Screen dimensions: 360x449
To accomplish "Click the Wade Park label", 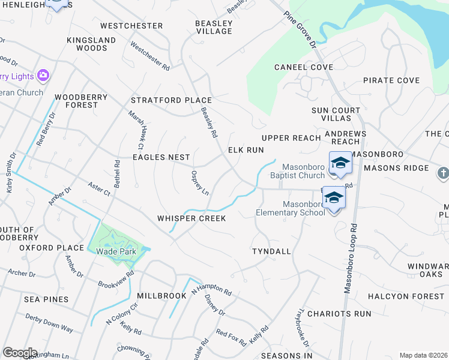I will [x=116, y=251].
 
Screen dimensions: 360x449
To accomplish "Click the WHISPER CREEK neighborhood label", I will [x=191, y=218].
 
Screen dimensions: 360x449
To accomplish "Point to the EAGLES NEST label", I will [x=161, y=157].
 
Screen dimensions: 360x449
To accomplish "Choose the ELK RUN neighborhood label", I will [x=246, y=150].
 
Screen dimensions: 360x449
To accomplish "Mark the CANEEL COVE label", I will [x=304, y=67].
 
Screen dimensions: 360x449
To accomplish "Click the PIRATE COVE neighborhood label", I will [x=391, y=80].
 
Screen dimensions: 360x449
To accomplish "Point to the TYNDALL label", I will [x=271, y=251].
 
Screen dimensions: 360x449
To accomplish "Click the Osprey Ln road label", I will [x=199, y=183].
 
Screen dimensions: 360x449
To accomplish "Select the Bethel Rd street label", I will [x=117, y=173].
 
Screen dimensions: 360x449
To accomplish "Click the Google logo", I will [x=20, y=353].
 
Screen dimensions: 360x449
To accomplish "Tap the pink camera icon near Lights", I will [x=43, y=76].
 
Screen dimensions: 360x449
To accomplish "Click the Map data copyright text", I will [x=423, y=355].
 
